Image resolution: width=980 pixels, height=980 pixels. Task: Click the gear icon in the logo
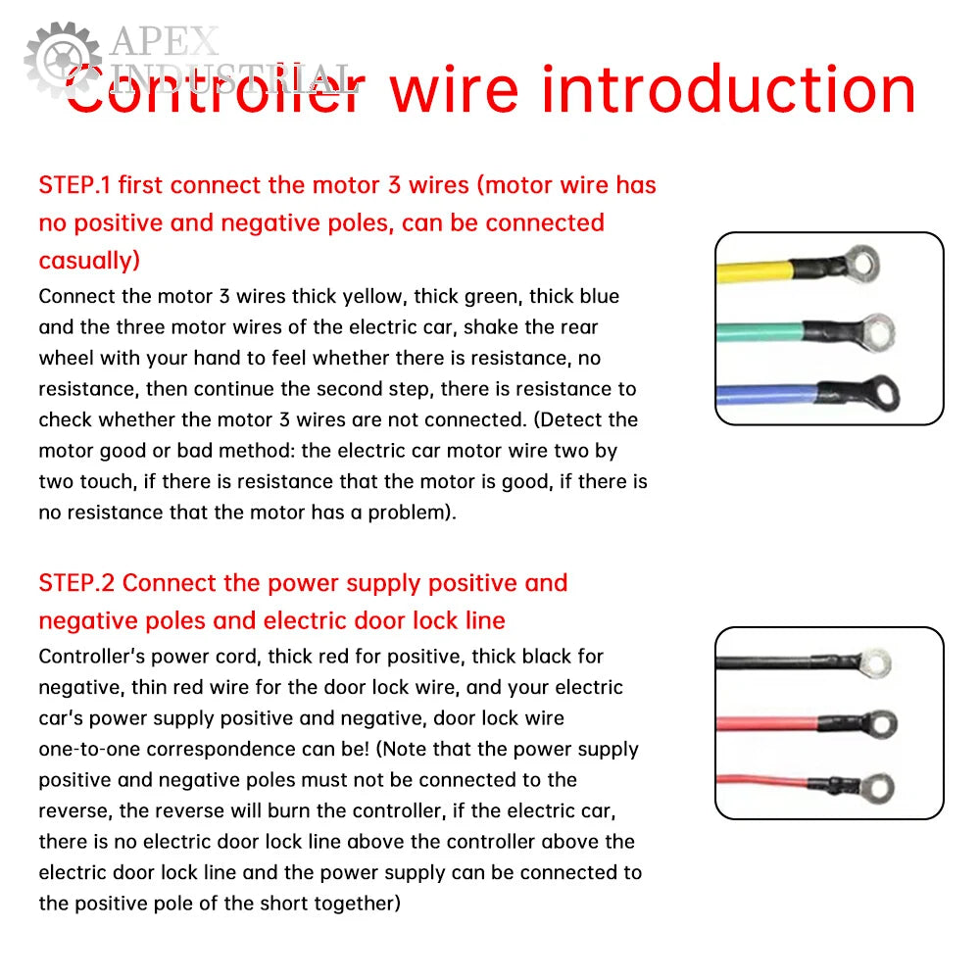[63, 60]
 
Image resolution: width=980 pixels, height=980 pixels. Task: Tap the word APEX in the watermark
[165, 42]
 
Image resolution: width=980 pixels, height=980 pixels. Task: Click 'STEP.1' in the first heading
[74, 185]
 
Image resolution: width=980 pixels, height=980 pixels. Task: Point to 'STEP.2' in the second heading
[76, 582]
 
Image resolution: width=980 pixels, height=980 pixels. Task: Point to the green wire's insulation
[760, 331]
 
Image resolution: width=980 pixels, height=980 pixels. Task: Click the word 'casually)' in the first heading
[89, 260]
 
